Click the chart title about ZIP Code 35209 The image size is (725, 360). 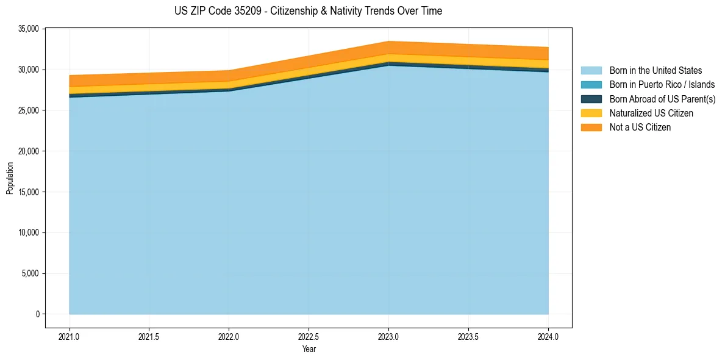click(308, 11)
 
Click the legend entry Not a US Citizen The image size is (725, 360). click(640, 128)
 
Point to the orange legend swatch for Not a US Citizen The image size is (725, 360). click(591, 128)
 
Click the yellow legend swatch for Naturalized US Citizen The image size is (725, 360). click(591, 113)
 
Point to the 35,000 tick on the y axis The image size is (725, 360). click(29, 29)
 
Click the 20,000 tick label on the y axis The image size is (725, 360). click(29, 151)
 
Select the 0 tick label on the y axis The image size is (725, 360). click(37, 314)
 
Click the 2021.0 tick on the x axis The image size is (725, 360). click(70, 336)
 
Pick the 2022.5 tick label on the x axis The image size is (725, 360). click(309, 336)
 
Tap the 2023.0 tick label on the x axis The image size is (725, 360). click(388, 336)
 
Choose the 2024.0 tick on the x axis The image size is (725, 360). click(548, 336)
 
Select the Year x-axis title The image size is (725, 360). click(309, 350)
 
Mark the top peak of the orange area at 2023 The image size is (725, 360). click(388, 41)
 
